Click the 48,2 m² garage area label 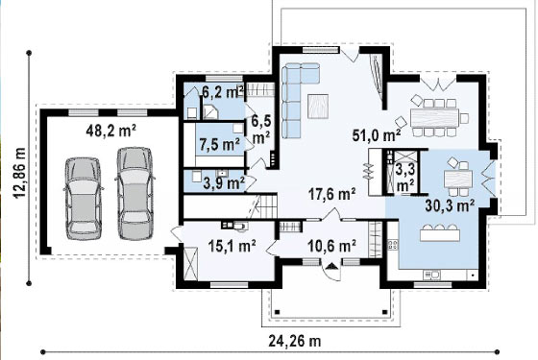click(x=110, y=131)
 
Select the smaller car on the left click(x=84, y=199)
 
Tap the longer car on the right click(x=135, y=193)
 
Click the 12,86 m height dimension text click(x=19, y=173)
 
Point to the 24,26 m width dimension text click(x=295, y=341)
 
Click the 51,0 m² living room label click(x=377, y=135)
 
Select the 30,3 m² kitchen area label click(x=450, y=205)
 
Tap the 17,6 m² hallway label click(x=331, y=194)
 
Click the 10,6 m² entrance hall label click(x=331, y=246)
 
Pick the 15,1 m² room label click(x=232, y=246)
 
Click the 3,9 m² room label click(x=224, y=182)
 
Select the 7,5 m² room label click(x=220, y=145)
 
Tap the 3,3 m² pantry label click(x=405, y=178)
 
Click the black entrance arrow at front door click(x=331, y=266)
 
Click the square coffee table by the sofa click(x=318, y=107)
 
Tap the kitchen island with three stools click(x=440, y=232)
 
